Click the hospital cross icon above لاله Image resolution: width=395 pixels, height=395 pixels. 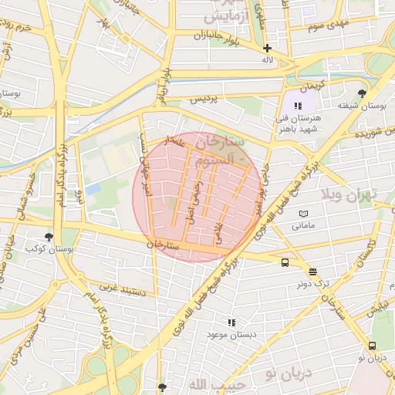tap(267, 48)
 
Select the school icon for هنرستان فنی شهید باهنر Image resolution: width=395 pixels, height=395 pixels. tap(297, 105)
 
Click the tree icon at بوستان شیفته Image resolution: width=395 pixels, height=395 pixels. tap(362, 93)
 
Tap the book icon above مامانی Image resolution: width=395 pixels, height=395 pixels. tap(303, 214)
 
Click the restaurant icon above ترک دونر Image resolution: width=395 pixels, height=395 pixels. tap(312, 271)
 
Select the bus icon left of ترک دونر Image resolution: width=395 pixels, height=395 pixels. tap(285, 262)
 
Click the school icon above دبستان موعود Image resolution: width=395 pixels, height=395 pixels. tap(231, 322)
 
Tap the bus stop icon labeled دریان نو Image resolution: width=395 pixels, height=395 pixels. tap(373, 346)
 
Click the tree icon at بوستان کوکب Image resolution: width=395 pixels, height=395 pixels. tap(49, 237)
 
